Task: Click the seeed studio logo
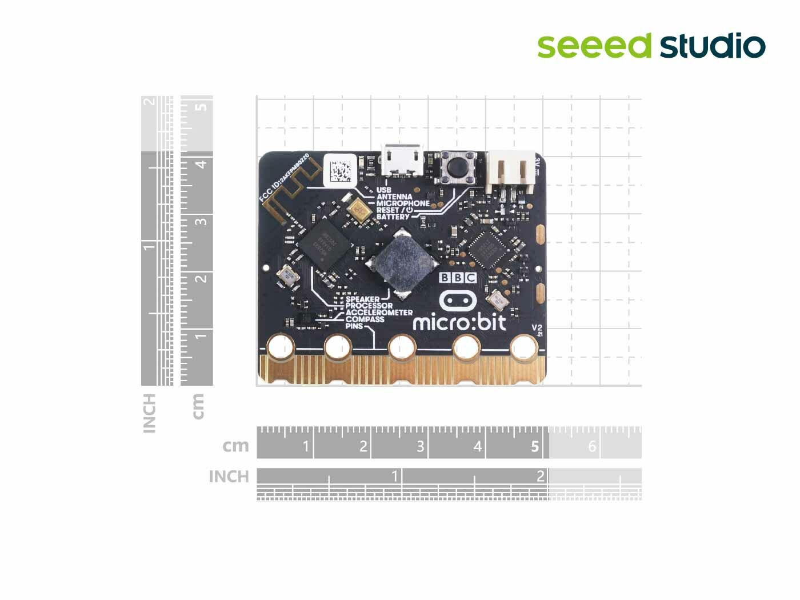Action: [x=651, y=46]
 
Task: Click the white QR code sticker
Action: [x=341, y=170]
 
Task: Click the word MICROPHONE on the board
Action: [x=403, y=203]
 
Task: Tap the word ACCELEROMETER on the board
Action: [x=379, y=313]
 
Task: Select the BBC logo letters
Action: [x=458, y=278]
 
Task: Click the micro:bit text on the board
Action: [x=459, y=323]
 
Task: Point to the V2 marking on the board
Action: [x=537, y=328]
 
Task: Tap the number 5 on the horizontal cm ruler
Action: [x=535, y=446]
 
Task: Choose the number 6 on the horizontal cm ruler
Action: [x=592, y=446]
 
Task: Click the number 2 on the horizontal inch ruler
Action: [x=541, y=476]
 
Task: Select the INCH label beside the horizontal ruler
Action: [x=229, y=477]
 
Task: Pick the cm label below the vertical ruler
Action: [x=198, y=406]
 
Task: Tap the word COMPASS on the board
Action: [x=365, y=319]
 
